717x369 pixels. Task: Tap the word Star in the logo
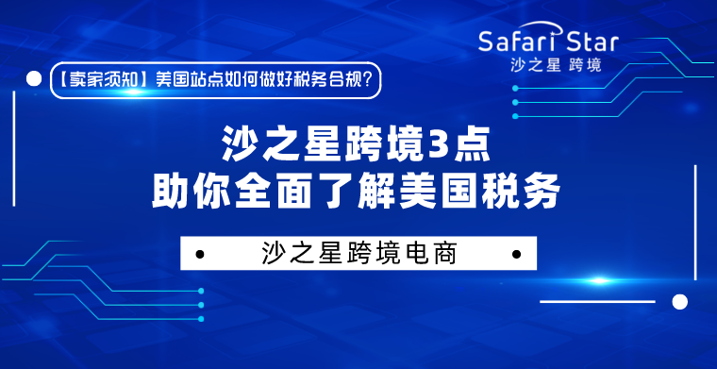[593, 42]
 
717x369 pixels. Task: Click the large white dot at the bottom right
[677, 301]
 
